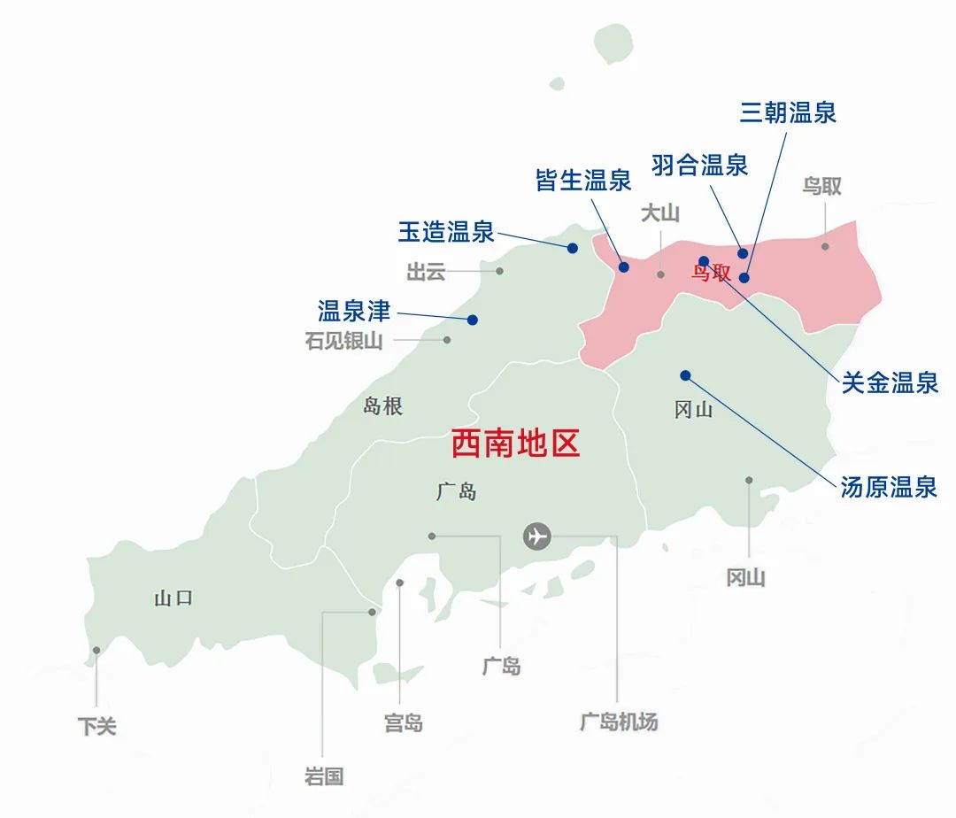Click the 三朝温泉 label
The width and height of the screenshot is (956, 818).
(x=788, y=112)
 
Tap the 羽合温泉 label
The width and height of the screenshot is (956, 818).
(x=699, y=165)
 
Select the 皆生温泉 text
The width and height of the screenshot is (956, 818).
(x=583, y=181)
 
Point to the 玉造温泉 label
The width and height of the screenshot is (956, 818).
(x=445, y=233)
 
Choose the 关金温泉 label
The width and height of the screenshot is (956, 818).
(x=889, y=383)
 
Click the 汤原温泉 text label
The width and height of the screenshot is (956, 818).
(x=888, y=487)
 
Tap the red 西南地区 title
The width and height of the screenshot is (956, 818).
(x=515, y=444)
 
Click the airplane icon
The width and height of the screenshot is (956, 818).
(x=536, y=536)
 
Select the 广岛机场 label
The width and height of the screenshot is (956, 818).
(x=619, y=722)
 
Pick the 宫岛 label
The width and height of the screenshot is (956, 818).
(x=404, y=723)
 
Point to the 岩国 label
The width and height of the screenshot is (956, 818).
(x=323, y=777)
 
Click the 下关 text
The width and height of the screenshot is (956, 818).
(x=96, y=727)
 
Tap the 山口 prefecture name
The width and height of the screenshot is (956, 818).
(x=173, y=598)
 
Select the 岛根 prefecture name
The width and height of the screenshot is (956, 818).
(x=383, y=406)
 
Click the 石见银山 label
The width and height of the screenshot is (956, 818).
(x=344, y=341)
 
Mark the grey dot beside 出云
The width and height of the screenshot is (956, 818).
(x=499, y=271)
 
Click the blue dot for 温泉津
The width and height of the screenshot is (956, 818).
(x=473, y=320)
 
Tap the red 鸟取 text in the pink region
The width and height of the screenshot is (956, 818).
(x=711, y=272)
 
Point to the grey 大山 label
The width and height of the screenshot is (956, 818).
(x=660, y=213)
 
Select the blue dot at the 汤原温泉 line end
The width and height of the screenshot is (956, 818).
(x=685, y=375)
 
